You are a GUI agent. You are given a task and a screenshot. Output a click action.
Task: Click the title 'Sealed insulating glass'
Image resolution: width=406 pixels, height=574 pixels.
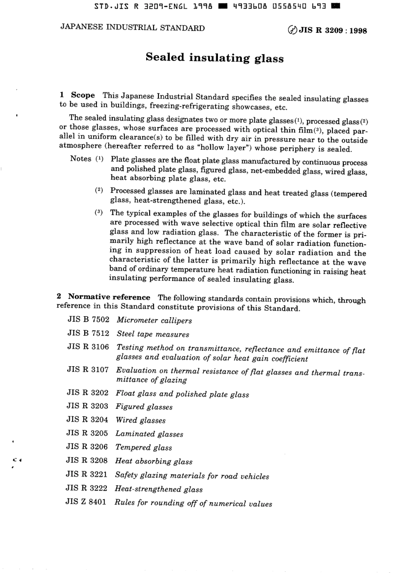(x=215, y=58)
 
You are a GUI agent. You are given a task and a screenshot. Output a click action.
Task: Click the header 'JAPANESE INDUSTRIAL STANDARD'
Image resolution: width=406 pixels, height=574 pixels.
(x=132, y=28)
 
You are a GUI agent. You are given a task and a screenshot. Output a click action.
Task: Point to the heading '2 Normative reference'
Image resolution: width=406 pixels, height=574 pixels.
(x=103, y=297)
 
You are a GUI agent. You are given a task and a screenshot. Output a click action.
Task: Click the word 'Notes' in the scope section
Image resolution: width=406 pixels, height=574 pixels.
(x=81, y=159)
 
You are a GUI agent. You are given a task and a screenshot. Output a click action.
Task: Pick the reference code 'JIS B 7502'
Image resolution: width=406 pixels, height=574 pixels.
(x=88, y=320)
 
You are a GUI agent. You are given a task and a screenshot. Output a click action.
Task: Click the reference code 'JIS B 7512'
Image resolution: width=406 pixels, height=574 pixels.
(x=88, y=333)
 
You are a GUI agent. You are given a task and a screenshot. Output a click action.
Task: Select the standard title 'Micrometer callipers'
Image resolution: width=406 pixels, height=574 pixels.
(x=154, y=321)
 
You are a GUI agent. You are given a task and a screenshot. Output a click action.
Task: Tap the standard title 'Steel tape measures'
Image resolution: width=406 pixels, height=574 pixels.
(x=153, y=334)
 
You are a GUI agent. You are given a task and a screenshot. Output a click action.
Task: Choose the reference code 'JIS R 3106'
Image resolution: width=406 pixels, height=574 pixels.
(x=88, y=347)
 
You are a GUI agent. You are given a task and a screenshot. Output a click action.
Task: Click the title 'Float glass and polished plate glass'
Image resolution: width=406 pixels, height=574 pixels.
(x=182, y=394)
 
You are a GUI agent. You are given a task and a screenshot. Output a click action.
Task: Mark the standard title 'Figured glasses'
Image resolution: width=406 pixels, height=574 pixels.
(x=144, y=407)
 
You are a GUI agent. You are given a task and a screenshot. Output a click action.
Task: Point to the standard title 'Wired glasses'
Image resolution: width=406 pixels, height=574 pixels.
(x=141, y=420)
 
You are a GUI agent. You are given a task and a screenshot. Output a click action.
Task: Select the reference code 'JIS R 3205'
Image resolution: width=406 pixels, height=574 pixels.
(x=87, y=433)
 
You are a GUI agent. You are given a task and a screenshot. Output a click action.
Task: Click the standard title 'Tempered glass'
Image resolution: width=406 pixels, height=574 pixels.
(x=144, y=447)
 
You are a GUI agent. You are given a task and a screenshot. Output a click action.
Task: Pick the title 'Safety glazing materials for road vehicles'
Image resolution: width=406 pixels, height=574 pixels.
(x=192, y=475)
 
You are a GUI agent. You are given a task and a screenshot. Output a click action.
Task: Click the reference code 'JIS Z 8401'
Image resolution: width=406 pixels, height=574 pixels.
(x=86, y=502)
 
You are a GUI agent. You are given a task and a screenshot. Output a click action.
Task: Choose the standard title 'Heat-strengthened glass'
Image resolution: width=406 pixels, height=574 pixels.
(x=159, y=489)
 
